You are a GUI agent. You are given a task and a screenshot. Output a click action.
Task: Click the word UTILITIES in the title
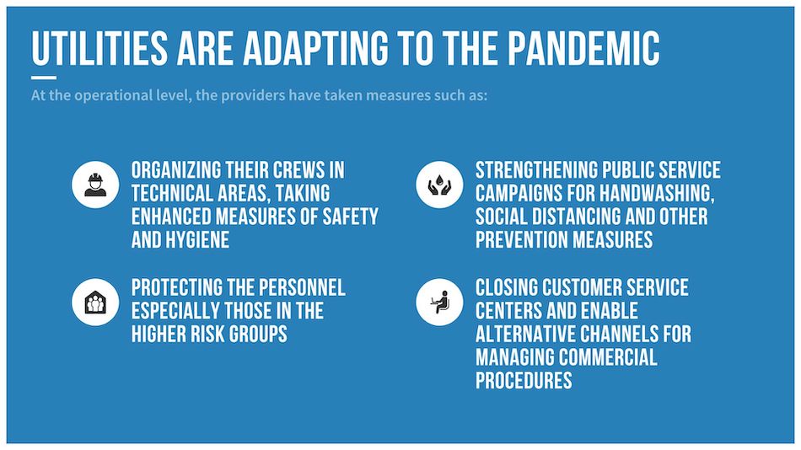99,48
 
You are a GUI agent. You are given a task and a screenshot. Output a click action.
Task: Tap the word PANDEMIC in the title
583,48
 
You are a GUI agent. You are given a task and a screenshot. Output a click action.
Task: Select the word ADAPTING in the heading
315,48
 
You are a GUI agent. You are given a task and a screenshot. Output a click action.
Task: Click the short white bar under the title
43,78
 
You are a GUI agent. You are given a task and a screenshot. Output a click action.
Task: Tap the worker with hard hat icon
95,185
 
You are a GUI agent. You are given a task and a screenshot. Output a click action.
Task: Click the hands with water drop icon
439,185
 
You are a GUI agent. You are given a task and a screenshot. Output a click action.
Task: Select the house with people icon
95,303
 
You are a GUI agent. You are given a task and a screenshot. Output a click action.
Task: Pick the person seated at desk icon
439,303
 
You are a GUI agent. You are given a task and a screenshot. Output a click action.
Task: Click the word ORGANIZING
175,170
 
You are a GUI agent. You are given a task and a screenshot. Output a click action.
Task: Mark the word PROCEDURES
524,381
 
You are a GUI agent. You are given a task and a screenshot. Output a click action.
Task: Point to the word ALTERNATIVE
525,334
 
